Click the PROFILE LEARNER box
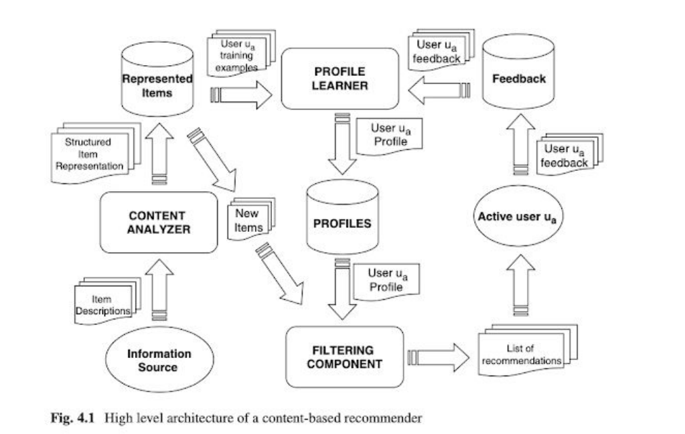tap(340, 79)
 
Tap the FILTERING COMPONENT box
tap(344, 357)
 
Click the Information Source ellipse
tap(159, 361)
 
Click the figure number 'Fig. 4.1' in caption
tap(75, 418)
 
